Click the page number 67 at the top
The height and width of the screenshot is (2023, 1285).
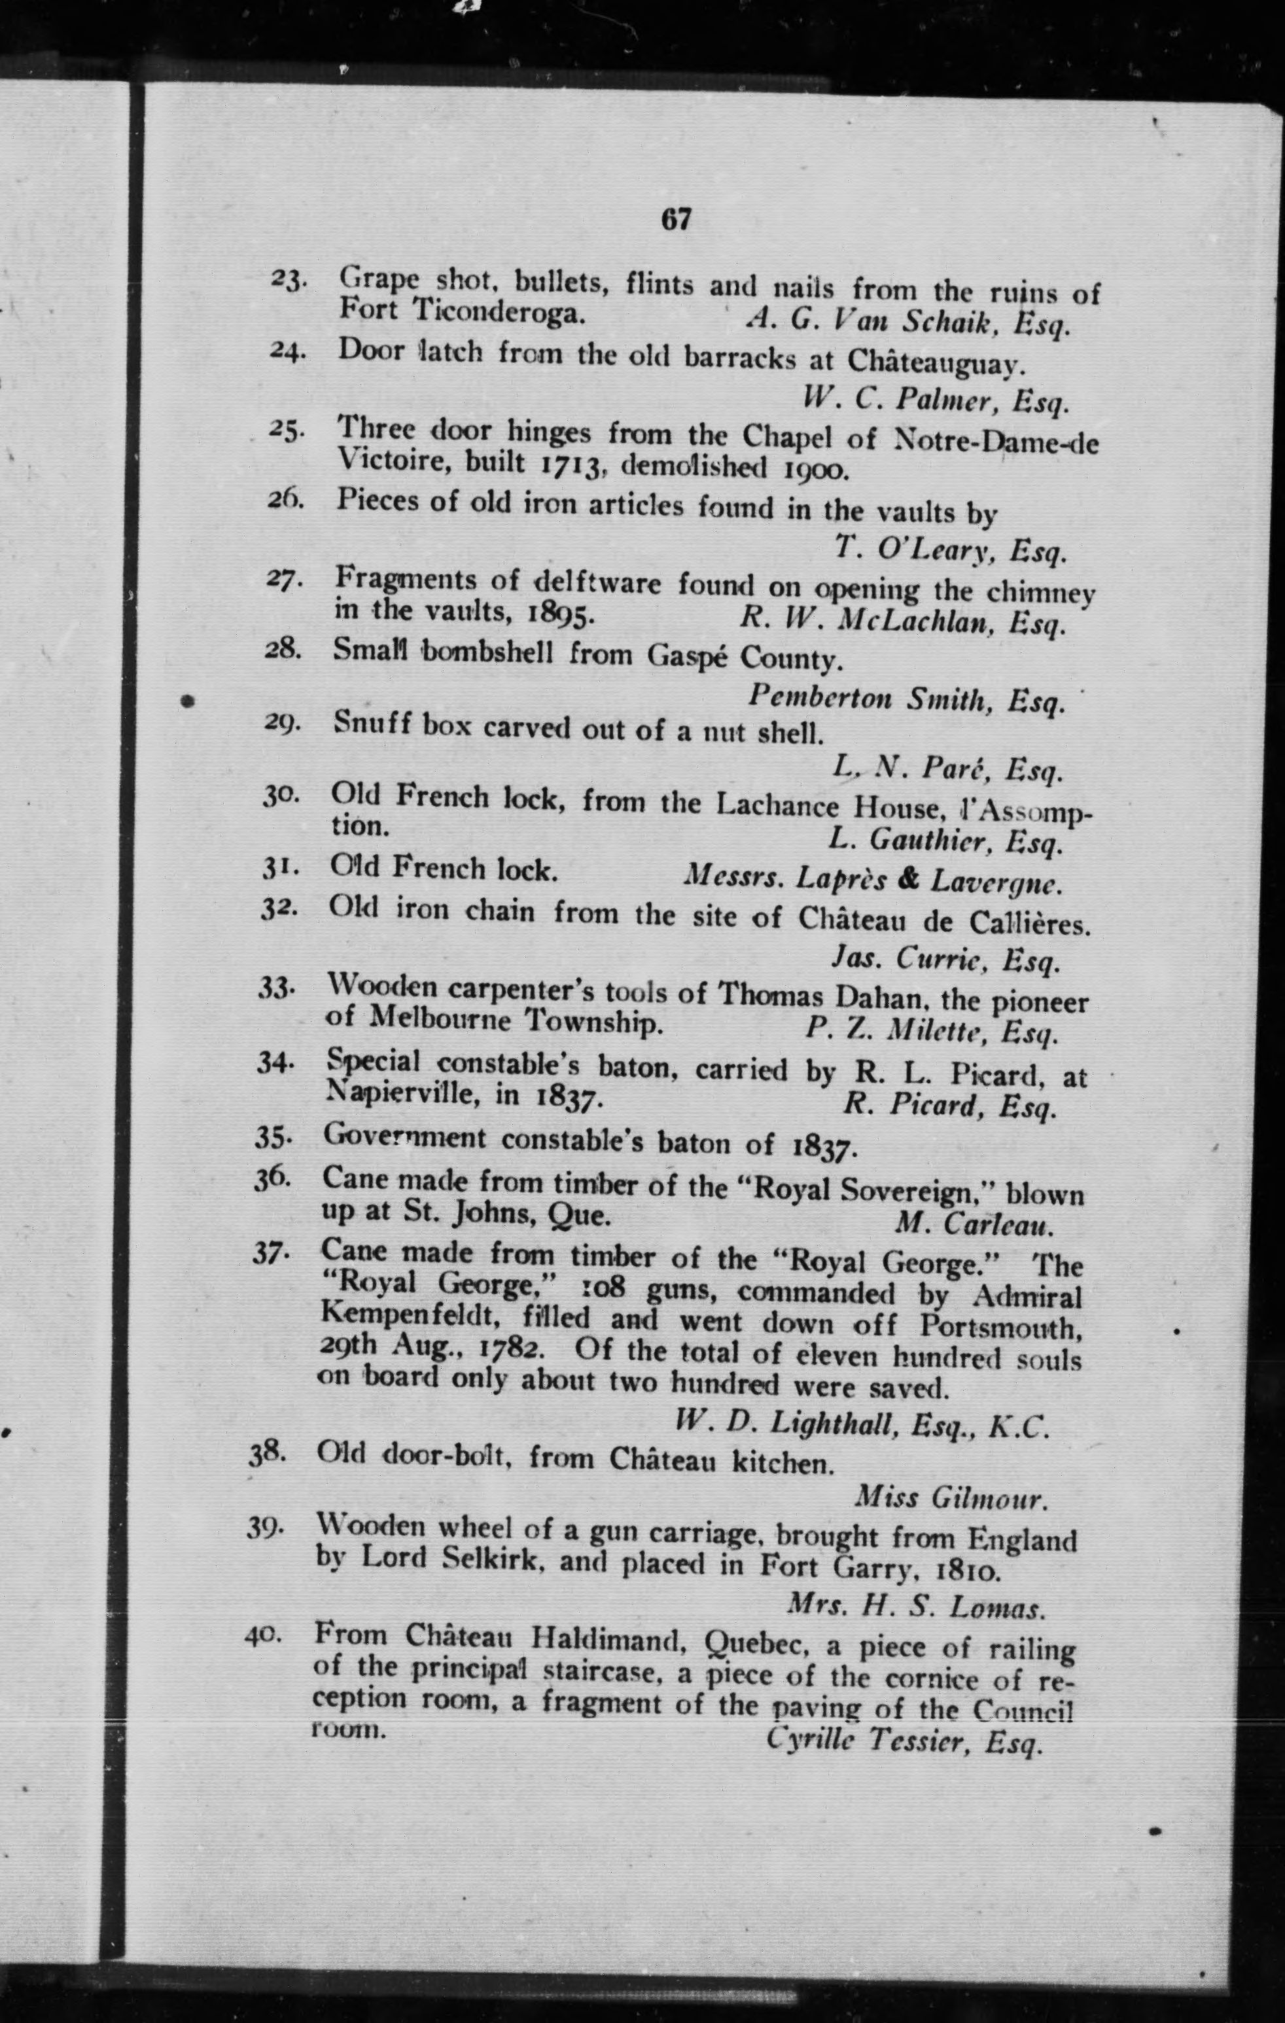click(x=675, y=219)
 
